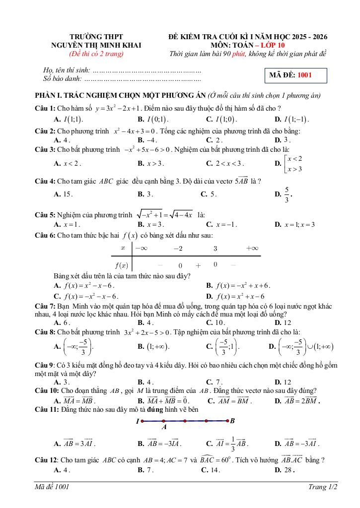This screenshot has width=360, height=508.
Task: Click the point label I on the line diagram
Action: pyautogui.click(x=138, y=421)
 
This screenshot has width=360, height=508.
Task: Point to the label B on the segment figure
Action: pyautogui.click(x=232, y=421)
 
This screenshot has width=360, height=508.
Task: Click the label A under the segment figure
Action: pyautogui.click(x=164, y=427)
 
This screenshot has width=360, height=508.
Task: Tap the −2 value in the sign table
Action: pyautogui.click(x=178, y=248)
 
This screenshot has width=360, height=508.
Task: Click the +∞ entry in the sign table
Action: pyautogui.click(x=252, y=248)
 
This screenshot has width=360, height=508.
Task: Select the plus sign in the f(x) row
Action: pyautogui.click(x=198, y=265)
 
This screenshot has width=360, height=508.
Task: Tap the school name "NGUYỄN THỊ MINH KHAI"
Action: pyautogui.click(x=96, y=45)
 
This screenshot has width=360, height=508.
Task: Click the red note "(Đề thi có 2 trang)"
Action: pyautogui.click(x=96, y=54)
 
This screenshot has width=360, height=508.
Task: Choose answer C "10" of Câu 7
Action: pyautogui.click(x=219, y=322)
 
